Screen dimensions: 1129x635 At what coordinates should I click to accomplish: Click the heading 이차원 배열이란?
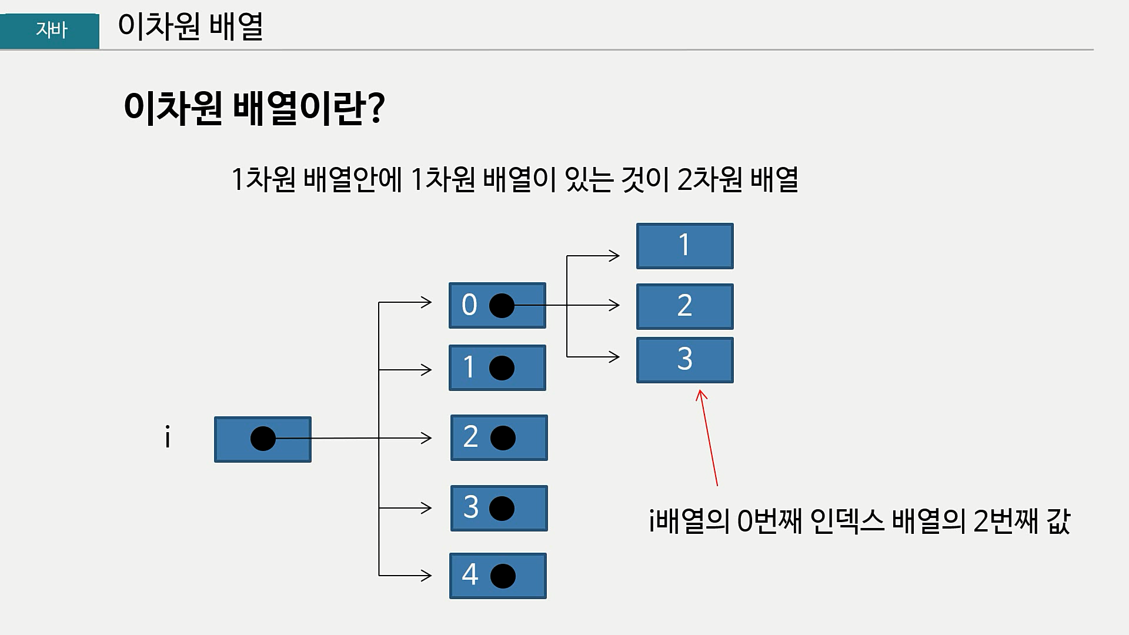(x=254, y=108)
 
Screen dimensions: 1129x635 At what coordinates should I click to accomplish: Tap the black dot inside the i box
(x=263, y=439)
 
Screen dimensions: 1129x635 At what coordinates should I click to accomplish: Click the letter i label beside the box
(x=168, y=439)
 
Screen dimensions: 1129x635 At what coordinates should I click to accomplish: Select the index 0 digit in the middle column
(x=469, y=305)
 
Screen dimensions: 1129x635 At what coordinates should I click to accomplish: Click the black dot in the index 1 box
(x=502, y=368)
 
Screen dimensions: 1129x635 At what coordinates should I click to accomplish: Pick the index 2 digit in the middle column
(x=470, y=437)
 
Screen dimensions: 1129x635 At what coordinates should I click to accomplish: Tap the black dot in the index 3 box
(x=502, y=508)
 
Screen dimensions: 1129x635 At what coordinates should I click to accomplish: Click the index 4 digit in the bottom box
(x=470, y=574)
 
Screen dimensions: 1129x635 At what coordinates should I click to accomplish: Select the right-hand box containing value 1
(x=684, y=246)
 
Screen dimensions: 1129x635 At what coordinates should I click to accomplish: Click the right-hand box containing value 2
(x=684, y=306)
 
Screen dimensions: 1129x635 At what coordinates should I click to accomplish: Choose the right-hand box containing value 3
(x=684, y=360)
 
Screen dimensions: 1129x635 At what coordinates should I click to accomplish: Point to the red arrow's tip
(x=700, y=391)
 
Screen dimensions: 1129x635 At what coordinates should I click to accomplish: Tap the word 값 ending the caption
(x=1058, y=521)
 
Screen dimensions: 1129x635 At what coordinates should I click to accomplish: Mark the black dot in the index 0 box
(x=502, y=306)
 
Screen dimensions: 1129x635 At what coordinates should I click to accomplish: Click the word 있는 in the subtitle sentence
(x=589, y=179)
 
